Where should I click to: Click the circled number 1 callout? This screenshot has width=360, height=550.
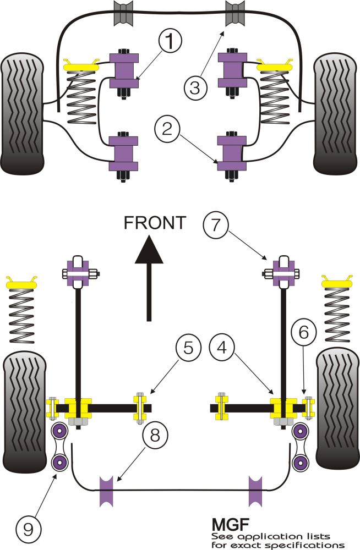(170, 41)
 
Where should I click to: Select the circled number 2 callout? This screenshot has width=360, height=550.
(167, 130)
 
